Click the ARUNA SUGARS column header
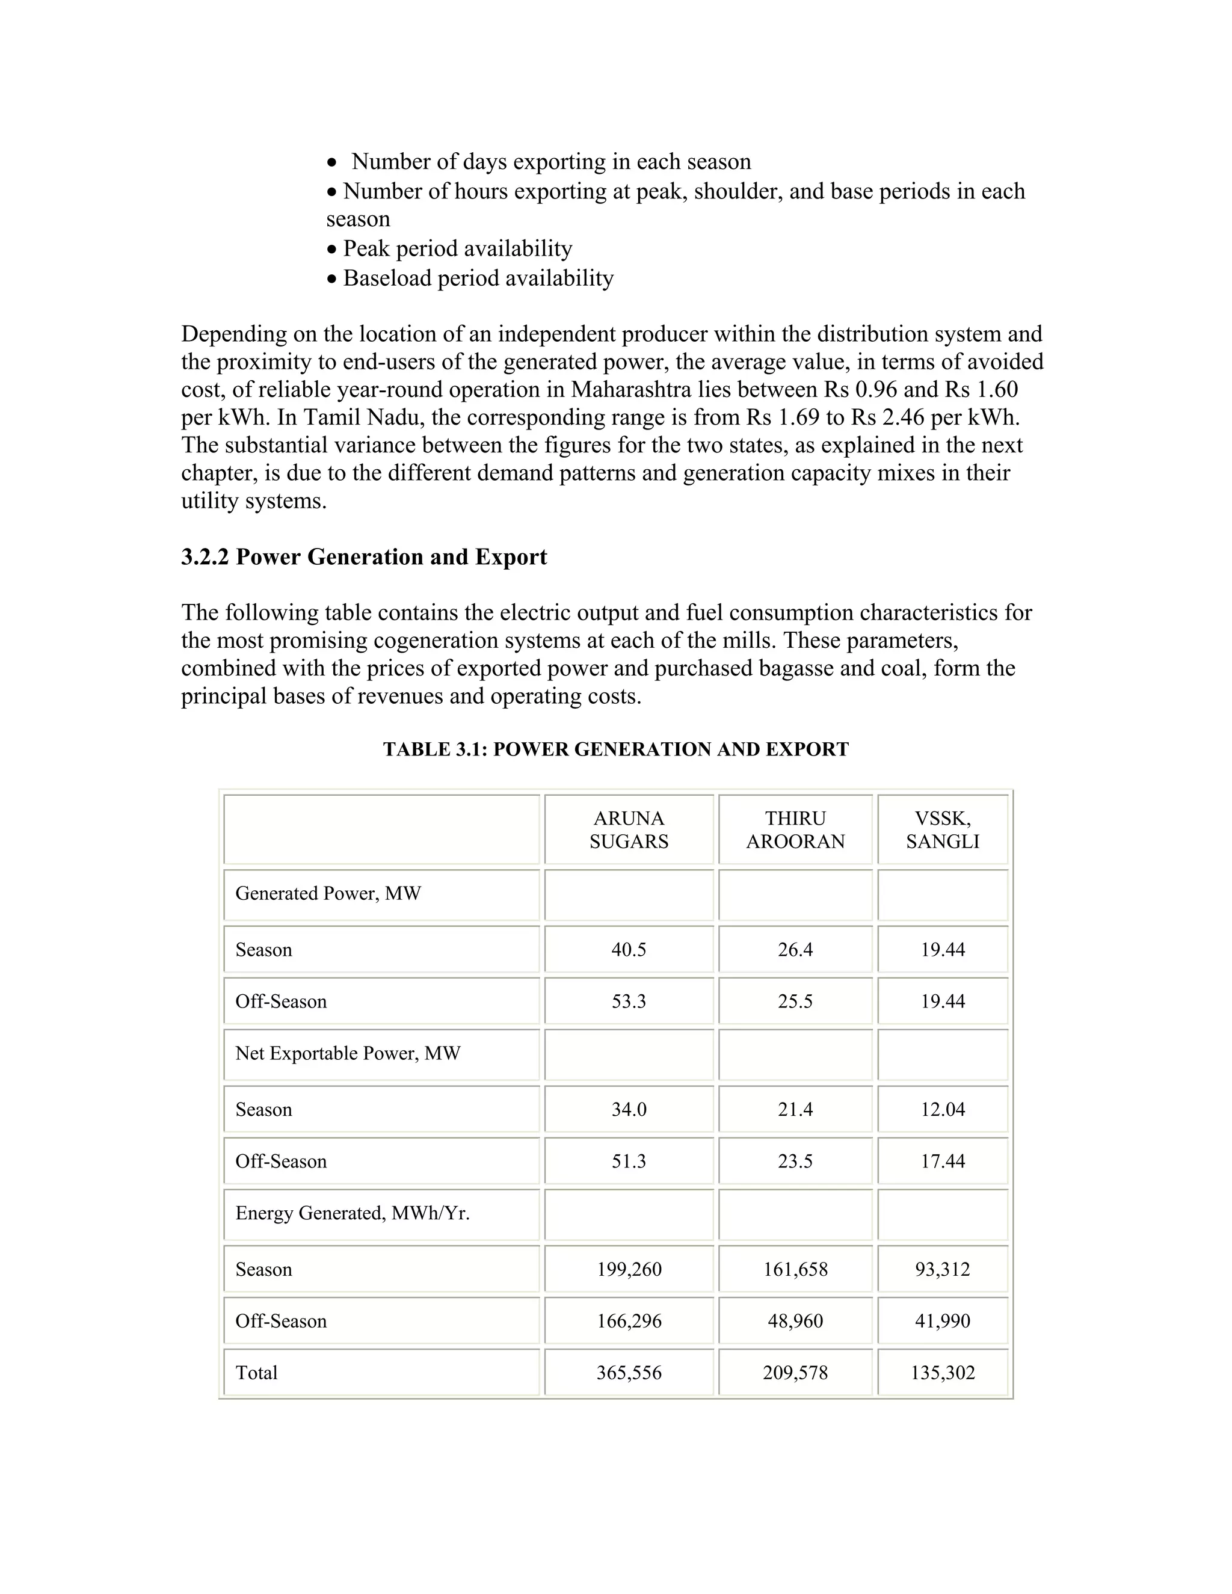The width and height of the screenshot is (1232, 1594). point(629,830)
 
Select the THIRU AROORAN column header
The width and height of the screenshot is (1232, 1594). point(795,830)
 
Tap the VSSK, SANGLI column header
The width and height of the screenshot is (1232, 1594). point(942,830)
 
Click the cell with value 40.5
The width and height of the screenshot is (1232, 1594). point(629,950)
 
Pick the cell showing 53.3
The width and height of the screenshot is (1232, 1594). point(629,1002)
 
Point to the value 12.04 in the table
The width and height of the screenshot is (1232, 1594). point(942,1109)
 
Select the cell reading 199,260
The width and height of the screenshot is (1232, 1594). point(629,1269)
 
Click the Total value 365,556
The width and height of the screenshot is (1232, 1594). point(629,1373)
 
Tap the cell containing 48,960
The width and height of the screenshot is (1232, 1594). point(795,1321)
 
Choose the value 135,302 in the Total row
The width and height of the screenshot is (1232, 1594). point(942,1373)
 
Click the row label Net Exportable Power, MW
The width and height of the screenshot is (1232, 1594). point(348,1053)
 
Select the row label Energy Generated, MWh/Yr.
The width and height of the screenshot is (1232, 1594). point(352,1213)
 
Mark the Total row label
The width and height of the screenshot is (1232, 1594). point(256,1373)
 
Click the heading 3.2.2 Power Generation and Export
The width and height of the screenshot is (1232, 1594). point(363,557)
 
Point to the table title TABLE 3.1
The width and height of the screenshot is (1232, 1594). point(615,749)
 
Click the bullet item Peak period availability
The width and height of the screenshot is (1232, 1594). point(457,249)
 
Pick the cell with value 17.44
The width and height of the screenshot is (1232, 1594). point(942,1161)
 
